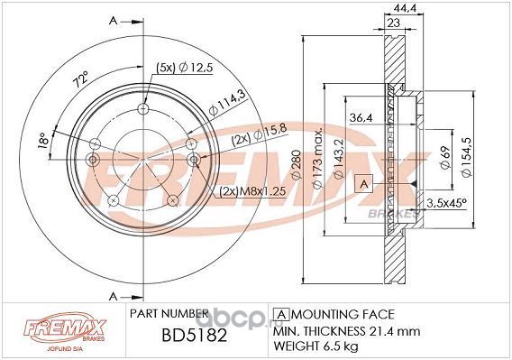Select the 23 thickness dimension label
click(394, 23)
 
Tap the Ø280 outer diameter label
click(297, 165)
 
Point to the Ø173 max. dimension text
click(317, 158)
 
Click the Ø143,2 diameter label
click(339, 159)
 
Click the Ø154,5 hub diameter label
click(467, 157)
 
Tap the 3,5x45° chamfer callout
click(446, 203)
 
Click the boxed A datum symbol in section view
click(363, 184)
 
